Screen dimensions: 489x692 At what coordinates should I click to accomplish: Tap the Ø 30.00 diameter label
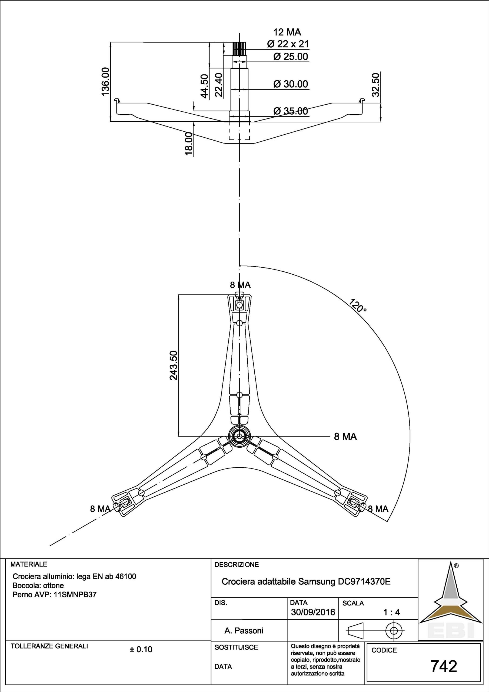tap(290, 84)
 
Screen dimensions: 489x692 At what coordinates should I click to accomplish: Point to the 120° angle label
tap(358, 305)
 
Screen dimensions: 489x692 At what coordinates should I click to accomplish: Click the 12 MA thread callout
tap(287, 32)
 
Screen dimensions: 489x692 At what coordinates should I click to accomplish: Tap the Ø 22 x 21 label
tap(288, 44)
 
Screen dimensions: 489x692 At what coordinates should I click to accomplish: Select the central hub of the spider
tap(239, 436)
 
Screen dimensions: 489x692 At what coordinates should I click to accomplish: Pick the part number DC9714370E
tap(363, 582)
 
